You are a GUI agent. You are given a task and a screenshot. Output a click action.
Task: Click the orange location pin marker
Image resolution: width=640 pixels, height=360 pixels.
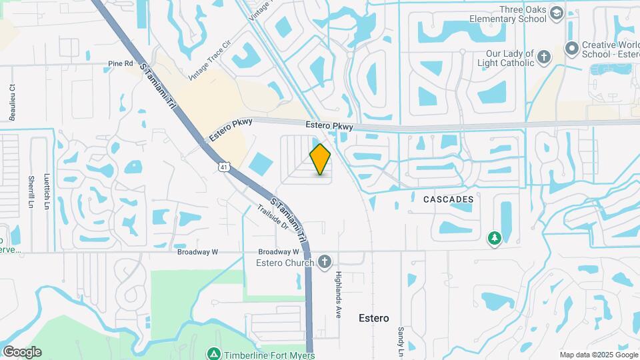coord(321,159)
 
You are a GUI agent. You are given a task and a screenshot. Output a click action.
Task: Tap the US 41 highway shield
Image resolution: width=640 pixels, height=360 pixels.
coord(222,165)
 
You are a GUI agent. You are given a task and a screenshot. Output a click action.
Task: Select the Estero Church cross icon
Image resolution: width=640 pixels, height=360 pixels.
coord(325,262)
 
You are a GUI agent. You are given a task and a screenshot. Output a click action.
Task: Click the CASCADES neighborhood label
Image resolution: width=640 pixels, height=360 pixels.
coord(448,199)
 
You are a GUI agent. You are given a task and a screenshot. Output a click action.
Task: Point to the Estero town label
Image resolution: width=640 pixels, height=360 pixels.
coord(373,318)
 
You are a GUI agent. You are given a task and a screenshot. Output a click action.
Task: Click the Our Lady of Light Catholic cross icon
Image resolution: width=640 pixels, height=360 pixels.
coord(544,57)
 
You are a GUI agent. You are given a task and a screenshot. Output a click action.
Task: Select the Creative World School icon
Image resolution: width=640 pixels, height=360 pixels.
coord(571,48)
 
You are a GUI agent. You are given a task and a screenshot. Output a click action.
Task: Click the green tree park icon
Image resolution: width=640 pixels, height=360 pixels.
coord(494,238)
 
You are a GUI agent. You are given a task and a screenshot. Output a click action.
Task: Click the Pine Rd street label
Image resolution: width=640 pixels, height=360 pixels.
coord(121,63)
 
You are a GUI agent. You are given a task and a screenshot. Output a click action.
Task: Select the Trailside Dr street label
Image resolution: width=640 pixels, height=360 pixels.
coord(273,217)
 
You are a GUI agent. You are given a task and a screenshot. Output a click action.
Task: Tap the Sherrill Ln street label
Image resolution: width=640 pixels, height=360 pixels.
coord(31,192)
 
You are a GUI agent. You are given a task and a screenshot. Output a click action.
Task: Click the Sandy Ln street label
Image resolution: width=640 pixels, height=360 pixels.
coord(401,340)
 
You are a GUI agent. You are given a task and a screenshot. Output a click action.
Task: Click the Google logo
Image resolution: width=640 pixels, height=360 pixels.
coord(22,352)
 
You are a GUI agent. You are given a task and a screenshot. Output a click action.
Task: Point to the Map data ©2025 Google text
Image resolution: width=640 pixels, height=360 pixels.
coord(598,355)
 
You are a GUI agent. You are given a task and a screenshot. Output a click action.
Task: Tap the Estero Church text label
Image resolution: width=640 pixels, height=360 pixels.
coord(285,263)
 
